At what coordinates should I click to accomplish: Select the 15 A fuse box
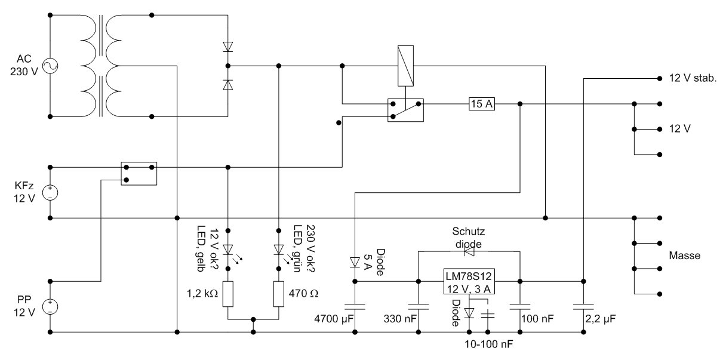point(482,104)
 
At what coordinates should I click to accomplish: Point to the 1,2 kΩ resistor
point(227,294)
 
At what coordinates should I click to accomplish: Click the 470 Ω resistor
point(279,294)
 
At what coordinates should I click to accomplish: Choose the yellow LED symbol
point(227,249)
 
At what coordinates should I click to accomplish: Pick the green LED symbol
point(279,249)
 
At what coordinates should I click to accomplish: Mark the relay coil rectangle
point(406,64)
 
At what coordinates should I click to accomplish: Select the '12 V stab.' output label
point(693,78)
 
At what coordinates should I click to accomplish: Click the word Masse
point(684,256)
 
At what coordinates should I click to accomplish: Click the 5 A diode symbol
point(355,262)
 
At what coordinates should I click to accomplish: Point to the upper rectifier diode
point(227,46)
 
